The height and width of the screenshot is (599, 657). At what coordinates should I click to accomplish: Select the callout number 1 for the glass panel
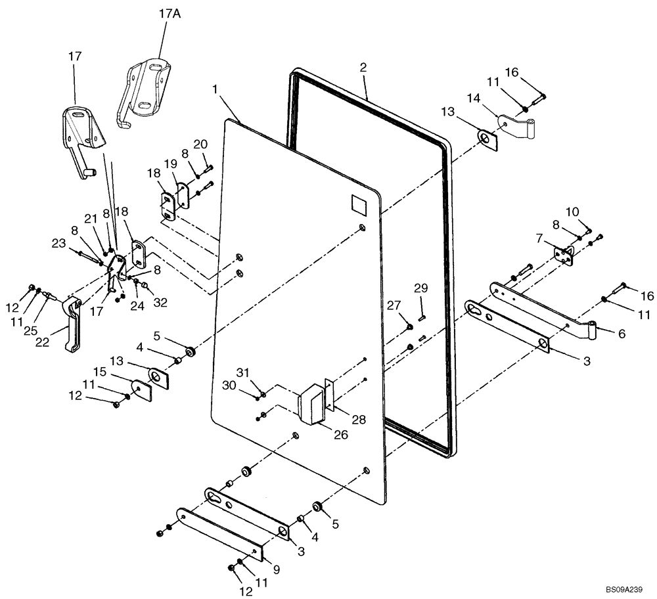tap(215, 88)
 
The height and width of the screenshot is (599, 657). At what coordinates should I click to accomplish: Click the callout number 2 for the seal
tap(363, 67)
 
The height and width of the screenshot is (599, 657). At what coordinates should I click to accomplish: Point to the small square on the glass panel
tap(361, 204)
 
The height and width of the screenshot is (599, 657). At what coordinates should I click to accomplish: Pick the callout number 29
tap(420, 288)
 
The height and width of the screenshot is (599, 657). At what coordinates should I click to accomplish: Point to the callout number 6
tap(621, 334)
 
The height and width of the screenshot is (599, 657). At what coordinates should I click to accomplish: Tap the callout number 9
tap(277, 571)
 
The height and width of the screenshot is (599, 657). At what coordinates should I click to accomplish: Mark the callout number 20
tap(200, 144)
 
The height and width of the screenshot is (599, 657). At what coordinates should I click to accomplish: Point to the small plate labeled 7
tap(562, 255)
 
